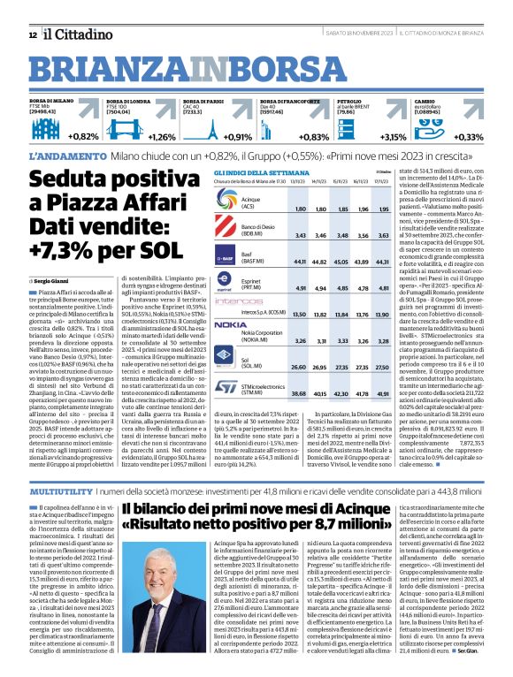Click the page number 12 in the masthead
(33, 34)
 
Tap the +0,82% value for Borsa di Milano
(83, 137)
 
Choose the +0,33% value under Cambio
(468, 137)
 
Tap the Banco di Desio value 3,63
(383, 235)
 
